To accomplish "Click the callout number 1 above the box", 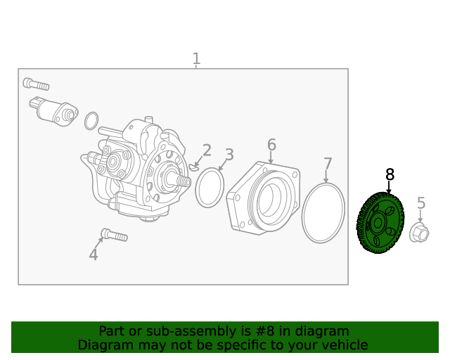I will pos(196,59).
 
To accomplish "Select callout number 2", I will pos(207,150).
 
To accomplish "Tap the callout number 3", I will pos(229,155).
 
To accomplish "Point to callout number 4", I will pos(94,255).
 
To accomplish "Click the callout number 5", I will pos(421,203).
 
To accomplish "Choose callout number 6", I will pos(271,145).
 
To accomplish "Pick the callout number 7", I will pos(328,165).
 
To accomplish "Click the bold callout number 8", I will pos(390,174).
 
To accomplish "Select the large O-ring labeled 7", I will pos(323,214).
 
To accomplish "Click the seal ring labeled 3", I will pos(209,188).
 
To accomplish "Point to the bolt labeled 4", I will pos(114,234).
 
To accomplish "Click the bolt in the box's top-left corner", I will pos(36,84).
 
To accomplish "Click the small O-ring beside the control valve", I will pos(91,121).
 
